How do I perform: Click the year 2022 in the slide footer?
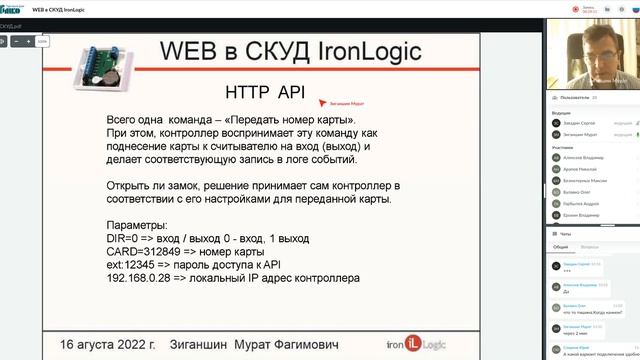pos(138,343)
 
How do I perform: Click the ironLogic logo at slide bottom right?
pos(435,343)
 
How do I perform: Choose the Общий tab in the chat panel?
pos(561,246)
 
